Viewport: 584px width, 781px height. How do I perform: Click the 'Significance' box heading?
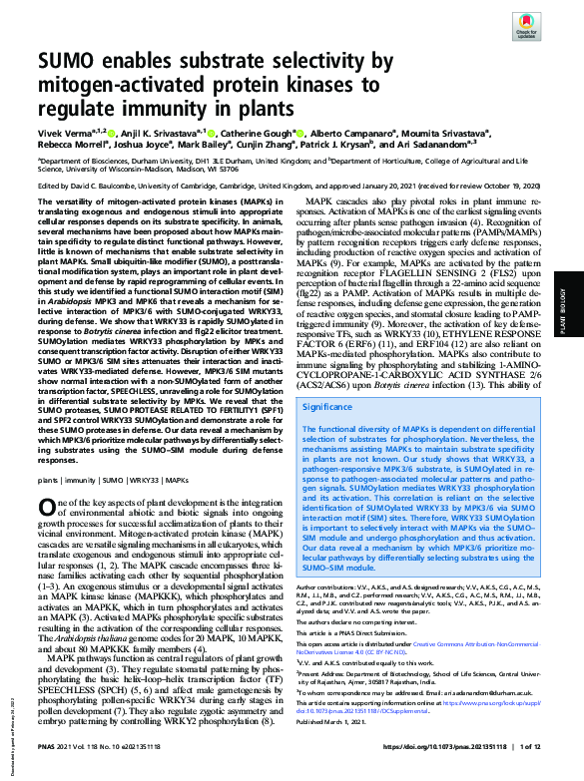326,406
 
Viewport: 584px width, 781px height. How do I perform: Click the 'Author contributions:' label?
327,588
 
